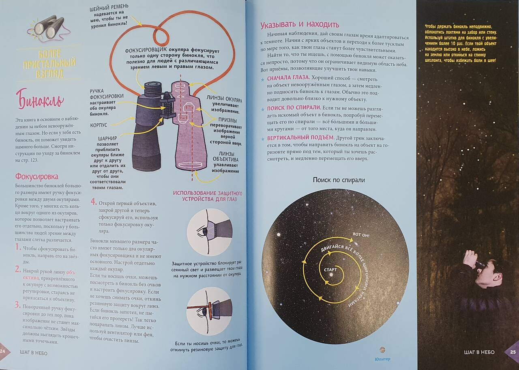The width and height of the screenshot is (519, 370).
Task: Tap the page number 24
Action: pyautogui.click(x=2, y=351)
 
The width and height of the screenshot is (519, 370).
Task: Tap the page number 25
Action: pyautogui.click(x=513, y=352)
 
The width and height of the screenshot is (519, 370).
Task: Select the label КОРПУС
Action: pyautogui.click(x=99, y=125)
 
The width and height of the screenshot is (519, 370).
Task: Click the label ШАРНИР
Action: pyautogui.click(x=107, y=138)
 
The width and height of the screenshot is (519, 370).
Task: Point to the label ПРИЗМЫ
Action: pyautogui.click(x=227, y=120)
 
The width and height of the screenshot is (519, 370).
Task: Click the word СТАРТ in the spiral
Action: pyautogui.click(x=330, y=270)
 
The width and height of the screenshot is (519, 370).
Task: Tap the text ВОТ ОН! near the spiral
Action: pyautogui.click(x=361, y=235)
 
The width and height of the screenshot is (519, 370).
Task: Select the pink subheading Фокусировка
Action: pyautogui.click(x=37, y=176)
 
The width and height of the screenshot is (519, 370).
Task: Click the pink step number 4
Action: pyautogui.click(x=93, y=202)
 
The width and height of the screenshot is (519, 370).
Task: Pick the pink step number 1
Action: pyautogui.click(x=18, y=247)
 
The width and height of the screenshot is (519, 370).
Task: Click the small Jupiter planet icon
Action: pyautogui.click(x=382, y=350)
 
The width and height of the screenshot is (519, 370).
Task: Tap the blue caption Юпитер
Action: pyautogui.click(x=382, y=359)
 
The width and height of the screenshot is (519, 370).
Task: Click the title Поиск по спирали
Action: pyautogui.click(x=339, y=180)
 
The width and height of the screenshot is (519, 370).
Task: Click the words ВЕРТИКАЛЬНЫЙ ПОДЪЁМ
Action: pyautogui.click(x=301, y=138)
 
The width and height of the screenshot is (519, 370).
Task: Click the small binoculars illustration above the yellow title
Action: pyautogui.click(x=49, y=28)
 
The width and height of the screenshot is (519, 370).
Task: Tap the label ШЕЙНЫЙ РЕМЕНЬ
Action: pyautogui.click(x=109, y=7)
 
